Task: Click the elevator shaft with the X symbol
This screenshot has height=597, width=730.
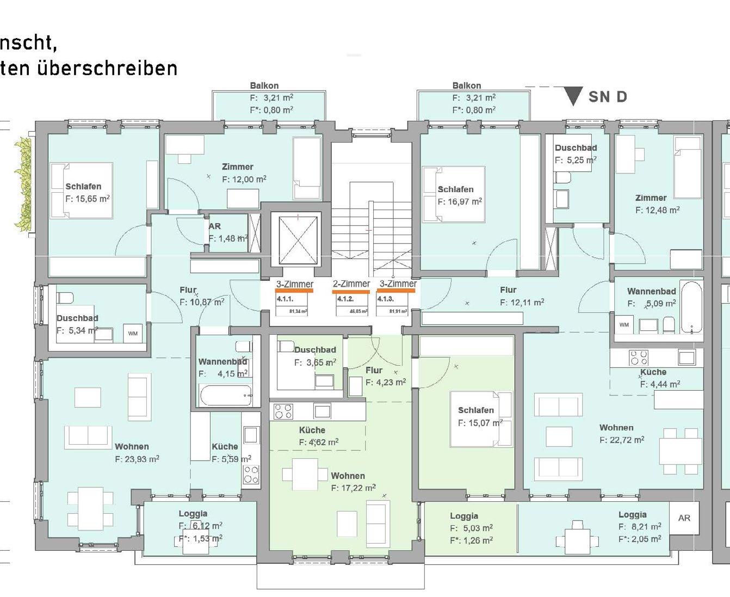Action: click(298, 240)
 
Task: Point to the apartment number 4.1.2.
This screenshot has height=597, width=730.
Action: click(345, 299)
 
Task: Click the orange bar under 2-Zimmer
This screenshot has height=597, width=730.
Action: click(351, 292)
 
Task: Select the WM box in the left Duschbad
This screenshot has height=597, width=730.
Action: click(133, 333)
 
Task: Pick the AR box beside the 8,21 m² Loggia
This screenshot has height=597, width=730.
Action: click(684, 518)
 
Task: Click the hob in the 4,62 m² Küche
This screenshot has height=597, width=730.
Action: click(283, 411)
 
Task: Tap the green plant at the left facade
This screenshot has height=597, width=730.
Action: click(23, 185)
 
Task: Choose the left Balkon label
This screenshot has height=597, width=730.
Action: click(264, 85)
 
